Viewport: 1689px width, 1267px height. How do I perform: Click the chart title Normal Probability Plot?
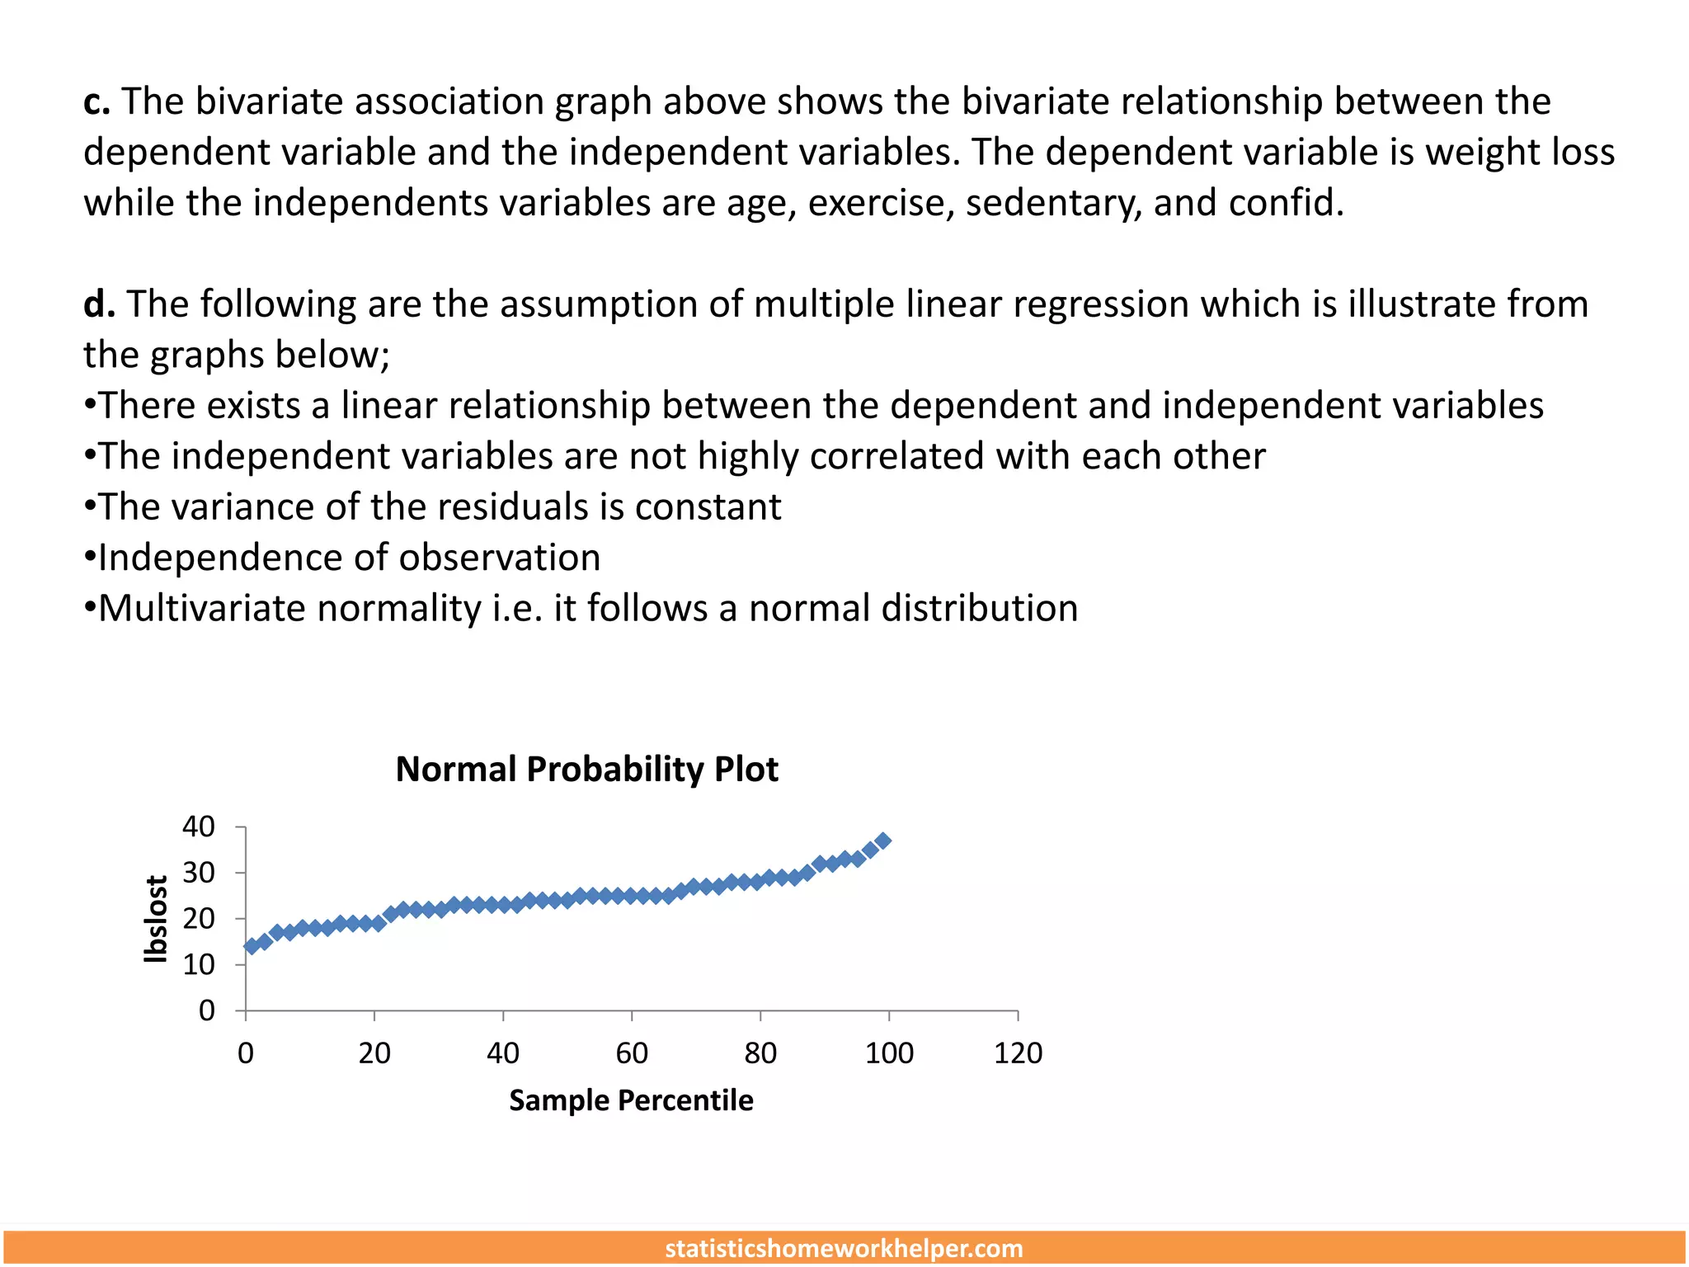click(x=586, y=770)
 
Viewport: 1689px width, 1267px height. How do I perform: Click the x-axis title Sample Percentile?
click(x=631, y=1100)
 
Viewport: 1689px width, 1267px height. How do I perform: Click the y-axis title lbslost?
click(x=156, y=919)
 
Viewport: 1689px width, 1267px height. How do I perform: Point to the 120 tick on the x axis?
click(x=1018, y=1053)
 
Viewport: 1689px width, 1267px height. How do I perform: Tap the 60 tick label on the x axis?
click(x=632, y=1053)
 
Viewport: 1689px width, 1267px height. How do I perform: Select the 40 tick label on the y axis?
click(x=199, y=827)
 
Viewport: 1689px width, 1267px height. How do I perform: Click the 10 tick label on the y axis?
click(x=199, y=964)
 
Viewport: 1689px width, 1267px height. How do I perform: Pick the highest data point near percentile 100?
click(x=882, y=841)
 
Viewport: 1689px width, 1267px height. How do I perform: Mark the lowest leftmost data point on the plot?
click(x=252, y=946)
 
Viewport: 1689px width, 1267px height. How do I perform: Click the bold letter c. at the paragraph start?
click(x=96, y=102)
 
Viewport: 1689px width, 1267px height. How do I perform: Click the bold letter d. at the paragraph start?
click(x=98, y=304)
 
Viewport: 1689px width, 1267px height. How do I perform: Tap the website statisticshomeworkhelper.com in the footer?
click(x=844, y=1248)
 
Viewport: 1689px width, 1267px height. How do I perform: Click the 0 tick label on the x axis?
click(x=246, y=1053)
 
